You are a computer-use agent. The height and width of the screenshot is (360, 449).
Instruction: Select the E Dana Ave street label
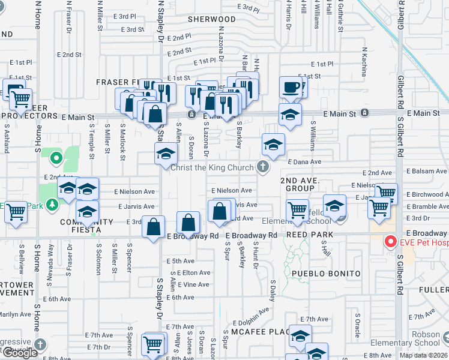click(305, 162)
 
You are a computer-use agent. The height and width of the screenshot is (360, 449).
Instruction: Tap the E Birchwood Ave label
click(427, 194)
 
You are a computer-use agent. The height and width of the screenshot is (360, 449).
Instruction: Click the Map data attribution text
click(423, 355)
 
